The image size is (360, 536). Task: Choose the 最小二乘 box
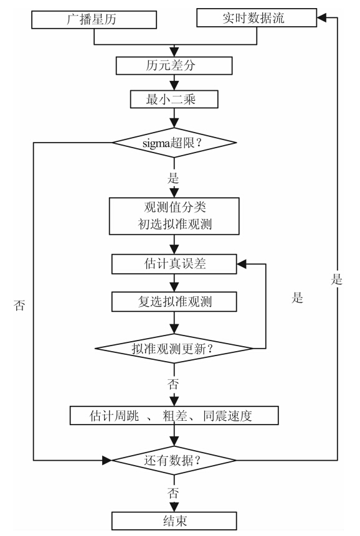(x=174, y=100)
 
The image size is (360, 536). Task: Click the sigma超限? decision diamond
(x=174, y=143)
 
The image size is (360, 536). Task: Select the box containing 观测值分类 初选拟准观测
(x=174, y=215)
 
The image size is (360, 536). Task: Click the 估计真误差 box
(x=174, y=264)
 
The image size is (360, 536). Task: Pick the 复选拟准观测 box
(x=174, y=302)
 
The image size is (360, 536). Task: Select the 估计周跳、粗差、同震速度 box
(x=174, y=415)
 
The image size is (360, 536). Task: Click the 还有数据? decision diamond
(x=174, y=461)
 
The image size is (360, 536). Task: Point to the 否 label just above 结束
(x=174, y=494)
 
